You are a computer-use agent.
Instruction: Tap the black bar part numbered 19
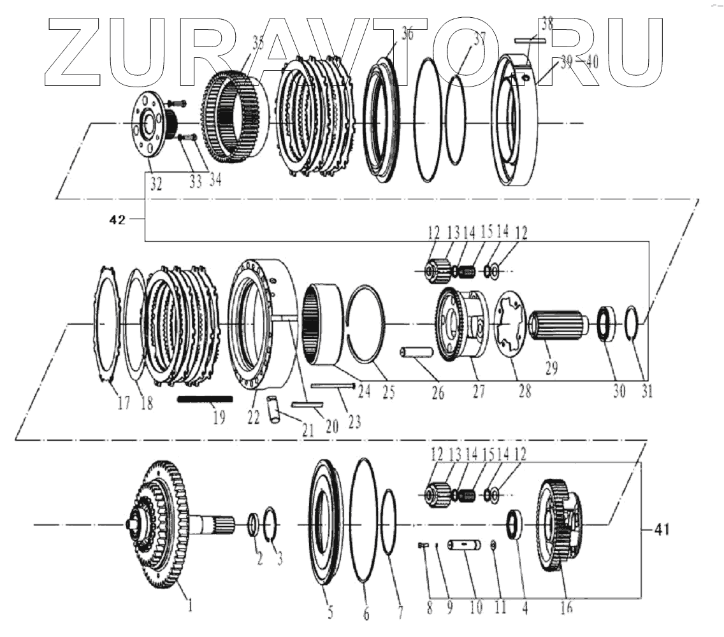205,399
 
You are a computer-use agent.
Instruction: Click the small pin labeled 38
529,40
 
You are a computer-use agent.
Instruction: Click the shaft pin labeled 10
467,545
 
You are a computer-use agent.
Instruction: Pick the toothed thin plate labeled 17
106,326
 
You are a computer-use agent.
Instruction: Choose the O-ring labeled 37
455,119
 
